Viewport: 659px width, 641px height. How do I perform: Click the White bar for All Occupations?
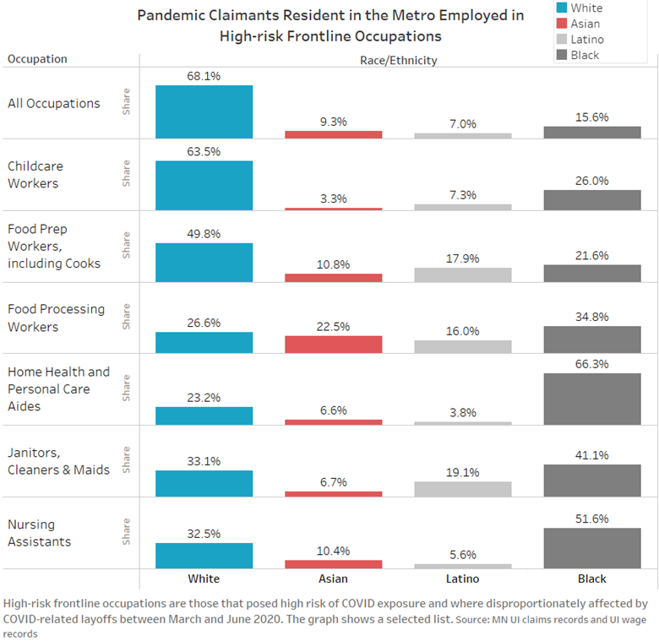[204, 111]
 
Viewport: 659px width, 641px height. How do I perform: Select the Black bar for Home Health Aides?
[592, 399]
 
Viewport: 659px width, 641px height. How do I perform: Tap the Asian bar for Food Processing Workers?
[333, 344]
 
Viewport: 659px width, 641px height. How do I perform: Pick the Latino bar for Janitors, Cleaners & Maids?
[462, 489]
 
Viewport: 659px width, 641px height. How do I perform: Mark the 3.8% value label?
[462, 413]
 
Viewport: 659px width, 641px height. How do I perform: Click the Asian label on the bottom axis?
[333, 579]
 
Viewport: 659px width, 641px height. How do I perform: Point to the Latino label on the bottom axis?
[462, 579]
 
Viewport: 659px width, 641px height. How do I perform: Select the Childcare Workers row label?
[35, 175]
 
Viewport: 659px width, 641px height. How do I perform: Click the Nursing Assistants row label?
[40, 533]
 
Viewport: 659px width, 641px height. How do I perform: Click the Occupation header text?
[37, 59]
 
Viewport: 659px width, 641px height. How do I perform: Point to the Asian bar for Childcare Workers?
[333, 209]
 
